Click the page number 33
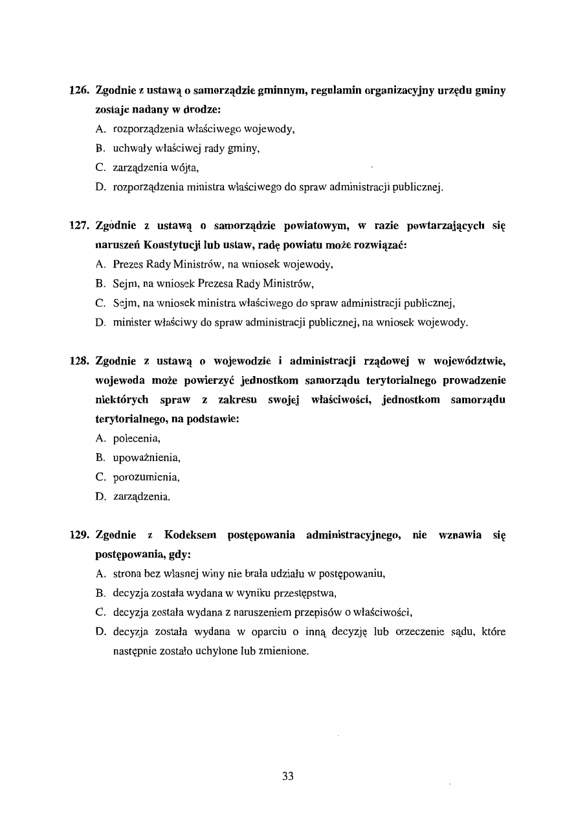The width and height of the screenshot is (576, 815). [288, 776]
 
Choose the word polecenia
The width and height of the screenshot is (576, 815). [137, 438]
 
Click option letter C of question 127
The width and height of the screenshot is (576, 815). [100, 303]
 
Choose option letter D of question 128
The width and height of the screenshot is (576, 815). [100, 497]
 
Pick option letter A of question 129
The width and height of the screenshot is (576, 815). [100, 574]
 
